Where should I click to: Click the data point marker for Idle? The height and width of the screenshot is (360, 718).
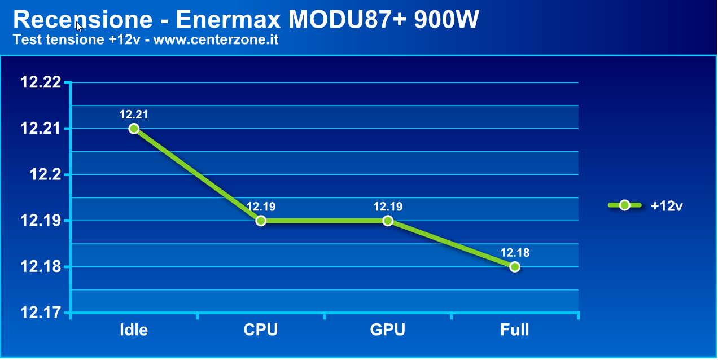tap(134, 129)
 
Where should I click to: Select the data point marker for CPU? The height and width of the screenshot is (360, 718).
tap(261, 221)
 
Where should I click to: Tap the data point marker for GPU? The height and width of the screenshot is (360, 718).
tap(388, 221)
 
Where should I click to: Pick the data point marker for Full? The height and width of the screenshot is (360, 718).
tap(515, 267)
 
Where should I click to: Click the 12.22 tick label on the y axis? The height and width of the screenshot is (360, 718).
tap(40, 82)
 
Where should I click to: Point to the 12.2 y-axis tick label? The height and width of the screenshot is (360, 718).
tap(45, 175)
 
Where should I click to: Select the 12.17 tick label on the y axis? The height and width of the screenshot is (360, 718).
tap(40, 313)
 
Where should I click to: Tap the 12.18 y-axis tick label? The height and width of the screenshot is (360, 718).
tap(40, 267)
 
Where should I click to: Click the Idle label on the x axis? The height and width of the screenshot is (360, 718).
tap(134, 330)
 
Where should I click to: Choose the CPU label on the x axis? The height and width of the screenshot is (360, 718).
tap(261, 330)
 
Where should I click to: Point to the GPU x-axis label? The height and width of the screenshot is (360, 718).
tap(388, 330)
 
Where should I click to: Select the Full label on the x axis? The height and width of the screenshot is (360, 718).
tap(515, 330)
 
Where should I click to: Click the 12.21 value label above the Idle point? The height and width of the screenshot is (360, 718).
tap(134, 115)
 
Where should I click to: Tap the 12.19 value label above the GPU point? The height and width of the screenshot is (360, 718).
tap(388, 207)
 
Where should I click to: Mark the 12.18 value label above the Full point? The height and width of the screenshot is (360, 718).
tap(515, 253)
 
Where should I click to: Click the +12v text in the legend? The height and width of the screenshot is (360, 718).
tap(667, 206)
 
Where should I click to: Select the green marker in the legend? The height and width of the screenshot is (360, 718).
tap(624, 205)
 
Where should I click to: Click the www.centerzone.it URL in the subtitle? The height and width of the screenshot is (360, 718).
tap(216, 40)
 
